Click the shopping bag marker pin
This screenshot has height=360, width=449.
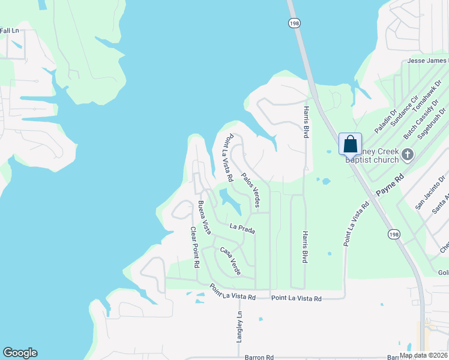(x=350, y=145)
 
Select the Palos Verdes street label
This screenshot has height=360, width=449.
(x=251, y=191)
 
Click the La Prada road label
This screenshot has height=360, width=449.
(x=243, y=229)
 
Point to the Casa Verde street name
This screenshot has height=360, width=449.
(x=230, y=261)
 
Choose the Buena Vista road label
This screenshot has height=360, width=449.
(x=205, y=217)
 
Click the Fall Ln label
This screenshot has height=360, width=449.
(x=10, y=31)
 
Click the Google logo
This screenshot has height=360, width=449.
(x=20, y=353)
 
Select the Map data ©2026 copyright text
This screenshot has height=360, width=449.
(x=424, y=355)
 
